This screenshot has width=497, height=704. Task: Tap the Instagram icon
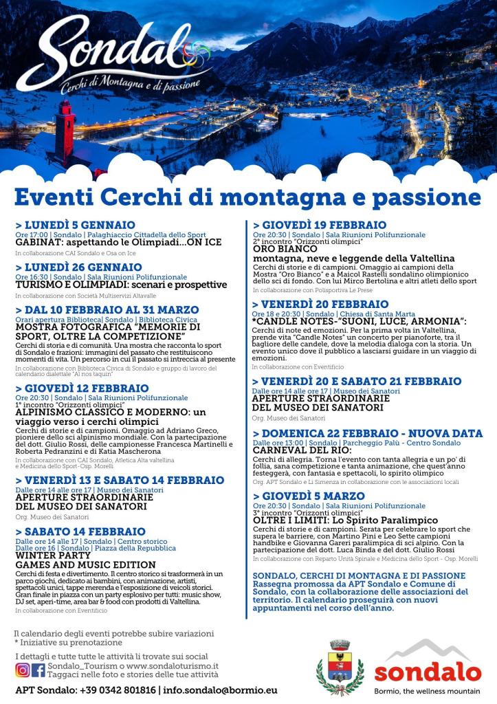tap(22, 670)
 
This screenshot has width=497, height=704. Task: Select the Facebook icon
tap(38, 670)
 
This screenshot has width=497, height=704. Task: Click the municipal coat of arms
tap(340, 666)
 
